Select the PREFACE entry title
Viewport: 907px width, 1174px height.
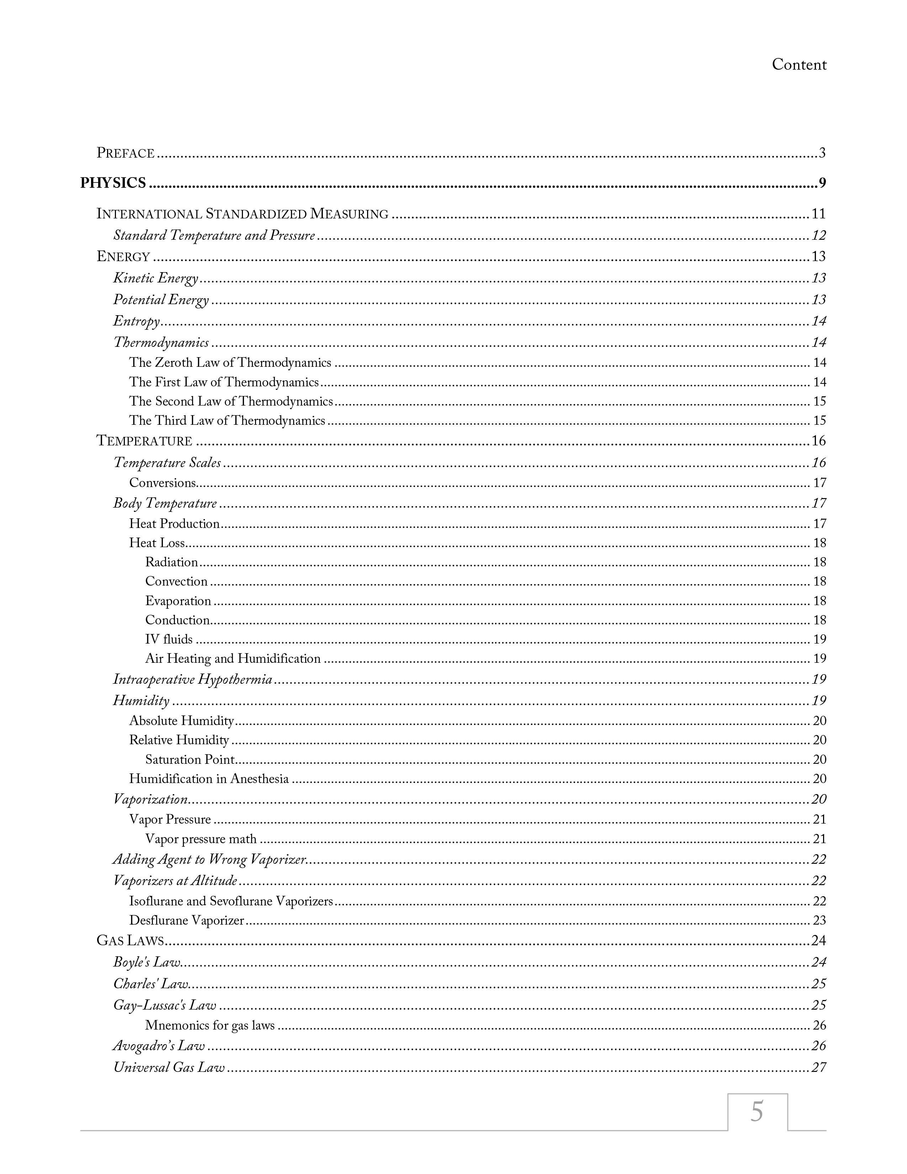click(x=126, y=153)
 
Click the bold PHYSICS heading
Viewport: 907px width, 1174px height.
click(x=113, y=183)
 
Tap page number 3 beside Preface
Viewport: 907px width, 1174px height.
click(x=822, y=153)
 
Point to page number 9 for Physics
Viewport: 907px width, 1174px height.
click(x=822, y=183)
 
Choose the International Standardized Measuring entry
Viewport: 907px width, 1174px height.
click(x=242, y=214)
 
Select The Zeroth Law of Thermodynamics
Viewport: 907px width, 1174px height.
click(x=230, y=363)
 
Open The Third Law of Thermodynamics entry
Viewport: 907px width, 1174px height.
click(x=227, y=421)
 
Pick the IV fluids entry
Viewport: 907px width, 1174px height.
click(x=169, y=639)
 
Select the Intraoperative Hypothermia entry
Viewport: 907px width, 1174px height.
click(x=192, y=679)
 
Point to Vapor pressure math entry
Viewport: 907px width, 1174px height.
click(x=200, y=839)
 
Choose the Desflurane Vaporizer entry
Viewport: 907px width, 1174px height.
click(x=186, y=920)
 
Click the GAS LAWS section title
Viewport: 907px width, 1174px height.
click(x=130, y=941)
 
